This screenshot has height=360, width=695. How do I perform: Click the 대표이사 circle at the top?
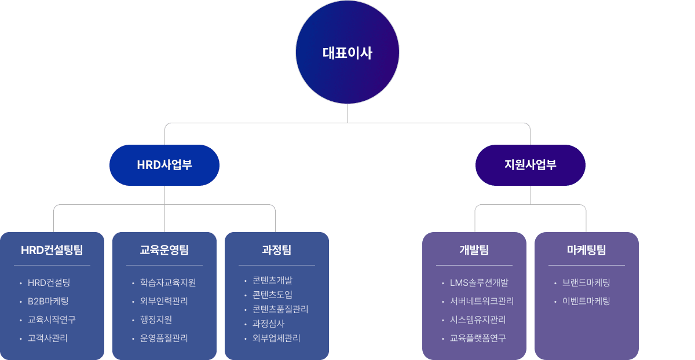[x=348, y=53]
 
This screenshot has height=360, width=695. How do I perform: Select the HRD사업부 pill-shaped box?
[x=164, y=165]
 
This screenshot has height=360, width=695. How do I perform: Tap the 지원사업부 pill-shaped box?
[x=531, y=165]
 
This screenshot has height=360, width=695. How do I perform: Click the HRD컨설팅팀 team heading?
[x=52, y=250]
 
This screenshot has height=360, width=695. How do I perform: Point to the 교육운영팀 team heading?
[x=164, y=250]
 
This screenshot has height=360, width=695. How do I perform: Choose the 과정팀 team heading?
[x=277, y=250]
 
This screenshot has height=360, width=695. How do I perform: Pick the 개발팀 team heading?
[x=474, y=250]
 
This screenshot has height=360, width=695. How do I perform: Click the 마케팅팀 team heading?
[x=587, y=250]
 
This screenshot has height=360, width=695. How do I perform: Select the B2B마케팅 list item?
[x=48, y=301]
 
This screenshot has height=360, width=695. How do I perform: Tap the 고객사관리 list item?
[x=47, y=338]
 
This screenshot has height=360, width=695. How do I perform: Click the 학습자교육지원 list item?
[x=168, y=283]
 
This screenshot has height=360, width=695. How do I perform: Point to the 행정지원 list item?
[x=156, y=319]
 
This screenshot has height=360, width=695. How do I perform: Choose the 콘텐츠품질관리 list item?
[x=280, y=310]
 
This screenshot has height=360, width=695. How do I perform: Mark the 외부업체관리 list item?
[x=276, y=339]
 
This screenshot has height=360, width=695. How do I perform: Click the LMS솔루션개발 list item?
[x=479, y=283]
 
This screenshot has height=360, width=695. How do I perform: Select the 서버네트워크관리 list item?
[x=482, y=301]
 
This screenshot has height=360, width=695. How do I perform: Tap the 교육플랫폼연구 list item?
[x=478, y=338]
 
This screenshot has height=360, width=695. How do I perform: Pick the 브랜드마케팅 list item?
[x=586, y=283]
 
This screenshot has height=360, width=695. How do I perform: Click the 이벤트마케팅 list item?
[x=586, y=301]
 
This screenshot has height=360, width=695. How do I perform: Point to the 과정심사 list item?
[x=268, y=324]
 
